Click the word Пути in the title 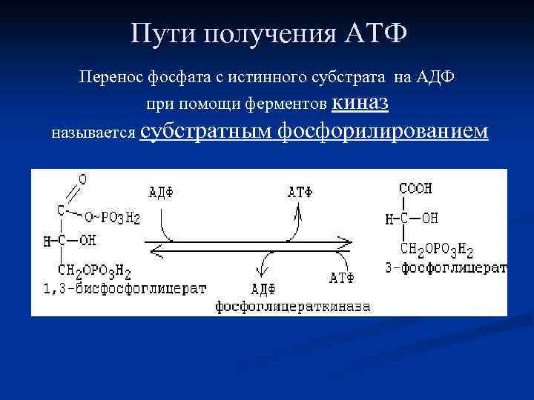[x=159, y=34]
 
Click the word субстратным [x=205, y=131]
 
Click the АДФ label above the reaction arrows [x=161, y=192]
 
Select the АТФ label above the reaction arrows [x=300, y=192]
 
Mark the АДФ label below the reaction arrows [x=264, y=288]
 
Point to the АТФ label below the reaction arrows [x=341, y=278]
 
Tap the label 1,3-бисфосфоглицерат [x=119, y=289]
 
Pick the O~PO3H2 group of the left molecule [x=111, y=218]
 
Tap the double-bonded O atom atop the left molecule [x=82, y=179]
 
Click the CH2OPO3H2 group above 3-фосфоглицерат [x=436, y=250]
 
